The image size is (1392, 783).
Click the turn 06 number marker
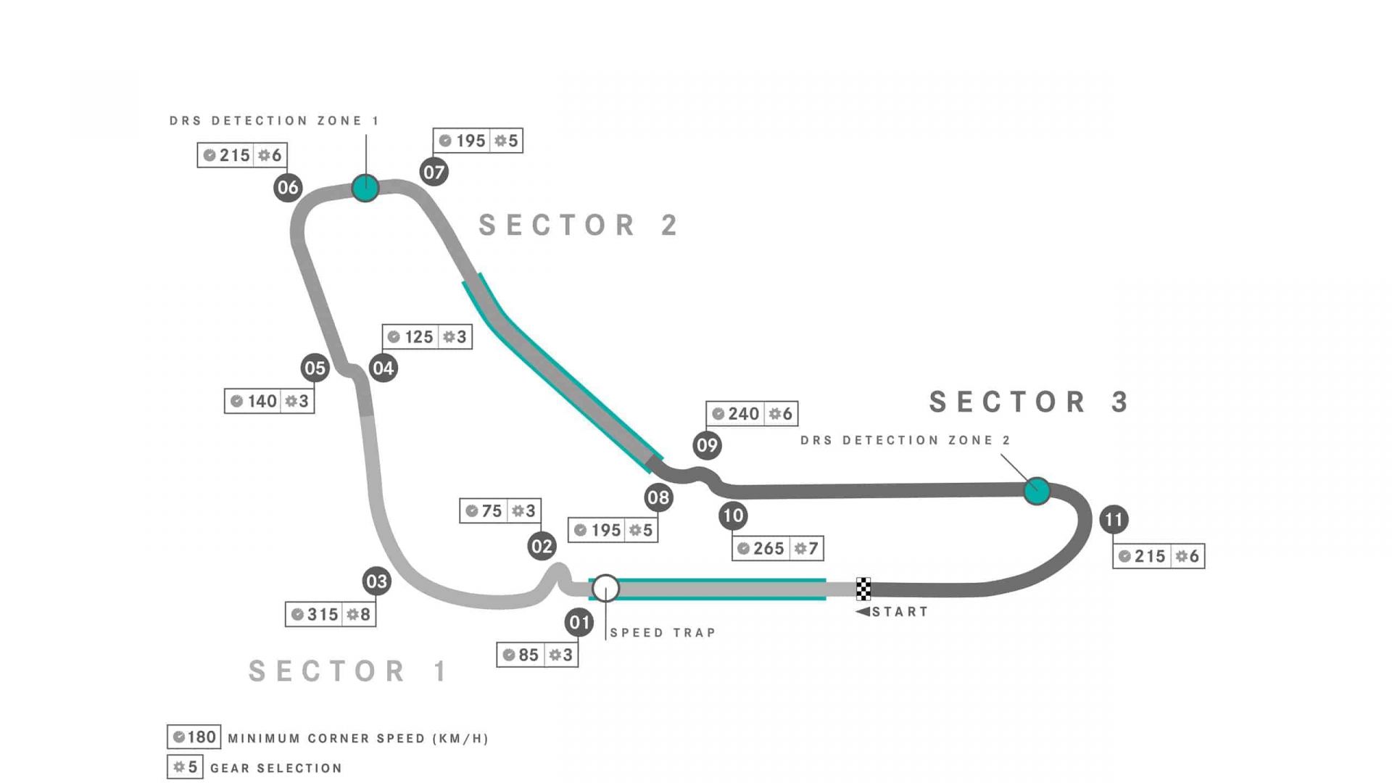pos(288,188)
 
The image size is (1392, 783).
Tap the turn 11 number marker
pos(1114,519)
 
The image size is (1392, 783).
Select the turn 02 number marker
pos(542,546)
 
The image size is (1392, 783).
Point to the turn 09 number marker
pos(707,445)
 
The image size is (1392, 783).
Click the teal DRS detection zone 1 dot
pos(365,188)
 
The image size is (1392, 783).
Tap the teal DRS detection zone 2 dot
pos(1037,491)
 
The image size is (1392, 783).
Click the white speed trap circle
pos(605,589)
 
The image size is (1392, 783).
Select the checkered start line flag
pos(863,589)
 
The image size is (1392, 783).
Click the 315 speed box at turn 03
pos(331,614)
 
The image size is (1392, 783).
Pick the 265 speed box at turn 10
pos(777,548)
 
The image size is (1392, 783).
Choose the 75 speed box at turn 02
pos(500,510)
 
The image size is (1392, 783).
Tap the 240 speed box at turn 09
pos(752,413)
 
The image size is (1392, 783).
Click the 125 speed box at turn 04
pos(427,336)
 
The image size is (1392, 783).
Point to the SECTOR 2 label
pos(579,225)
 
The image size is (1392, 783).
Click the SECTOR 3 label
pos(1029,402)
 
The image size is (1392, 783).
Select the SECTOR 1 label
pos(349,671)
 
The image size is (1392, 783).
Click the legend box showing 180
pos(194,737)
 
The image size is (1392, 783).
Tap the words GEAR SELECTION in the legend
pos(275,768)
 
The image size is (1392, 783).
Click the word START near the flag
pos(900,612)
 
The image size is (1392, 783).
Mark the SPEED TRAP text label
pos(663,633)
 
